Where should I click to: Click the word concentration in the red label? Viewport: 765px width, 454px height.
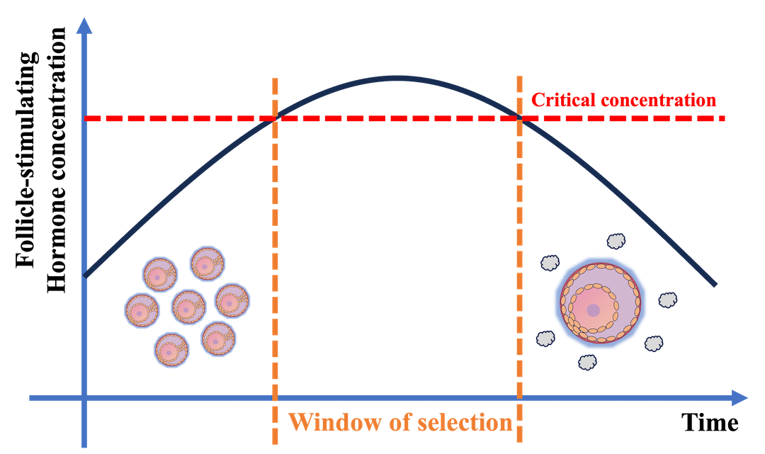click(658, 100)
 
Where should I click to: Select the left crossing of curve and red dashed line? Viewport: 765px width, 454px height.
click(275, 118)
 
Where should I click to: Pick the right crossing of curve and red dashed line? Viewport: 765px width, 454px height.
click(520, 118)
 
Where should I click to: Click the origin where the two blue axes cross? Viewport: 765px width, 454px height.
click(84, 398)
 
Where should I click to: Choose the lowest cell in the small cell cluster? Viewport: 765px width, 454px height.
click(172, 349)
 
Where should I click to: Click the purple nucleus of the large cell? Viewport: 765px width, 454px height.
click(594, 309)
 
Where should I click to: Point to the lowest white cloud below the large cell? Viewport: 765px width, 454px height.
click(587, 362)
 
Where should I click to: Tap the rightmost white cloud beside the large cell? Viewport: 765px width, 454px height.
click(667, 300)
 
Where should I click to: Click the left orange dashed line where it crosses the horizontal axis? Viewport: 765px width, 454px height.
click(275, 398)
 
